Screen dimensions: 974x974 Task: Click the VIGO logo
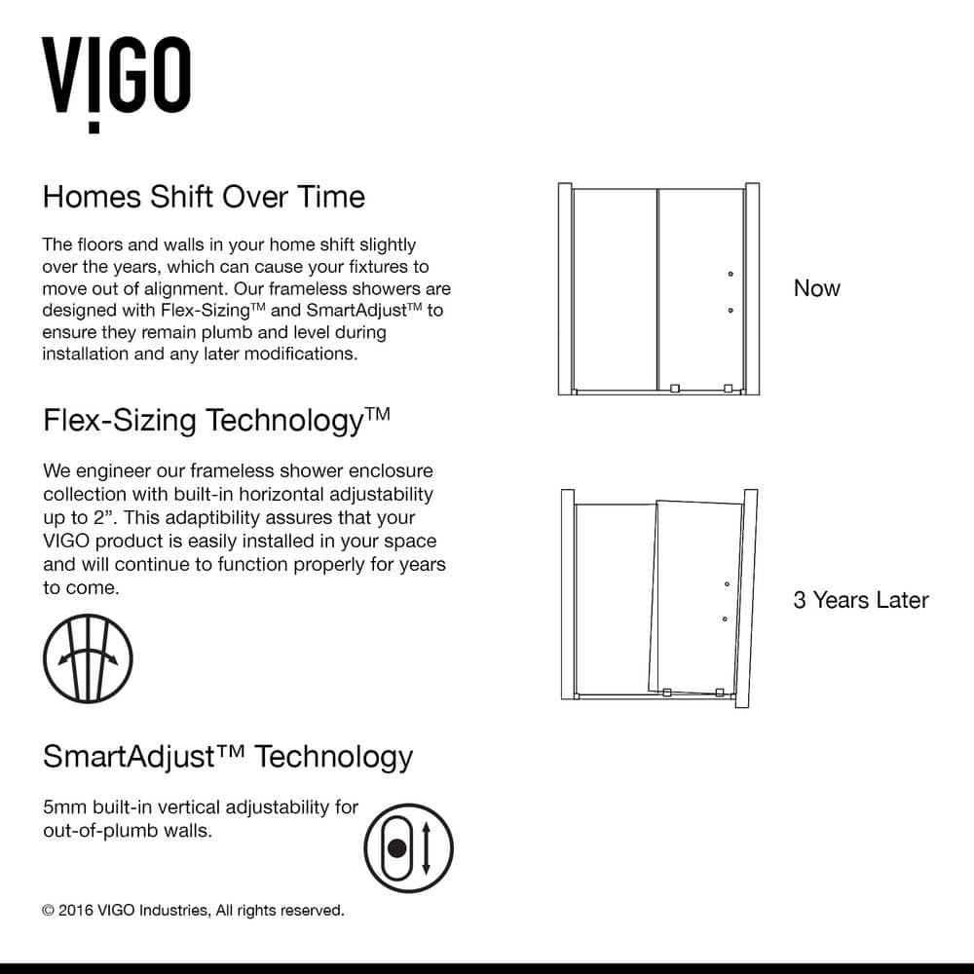click(x=115, y=82)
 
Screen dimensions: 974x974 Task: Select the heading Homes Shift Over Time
click(x=204, y=197)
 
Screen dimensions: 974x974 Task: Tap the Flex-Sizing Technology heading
click(x=216, y=421)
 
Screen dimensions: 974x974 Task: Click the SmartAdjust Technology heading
click(x=228, y=757)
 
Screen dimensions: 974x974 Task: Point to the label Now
click(x=816, y=288)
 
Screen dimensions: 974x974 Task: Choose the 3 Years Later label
click(x=860, y=600)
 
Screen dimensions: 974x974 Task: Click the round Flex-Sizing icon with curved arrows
click(x=88, y=658)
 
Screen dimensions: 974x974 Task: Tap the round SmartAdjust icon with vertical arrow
click(x=408, y=847)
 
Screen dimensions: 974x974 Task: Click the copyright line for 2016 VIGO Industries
click(x=193, y=911)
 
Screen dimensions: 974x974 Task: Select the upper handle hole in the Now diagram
click(x=730, y=276)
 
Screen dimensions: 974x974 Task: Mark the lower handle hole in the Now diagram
click(x=730, y=311)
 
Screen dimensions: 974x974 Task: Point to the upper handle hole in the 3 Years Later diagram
click(x=726, y=584)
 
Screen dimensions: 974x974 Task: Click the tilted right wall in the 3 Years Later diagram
click(x=746, y=599)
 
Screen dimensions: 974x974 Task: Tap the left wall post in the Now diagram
click(x=563, y=288)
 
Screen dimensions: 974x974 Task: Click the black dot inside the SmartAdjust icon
click(x=396, y=847)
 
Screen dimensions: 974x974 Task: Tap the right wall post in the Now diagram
click(x=752, y=288)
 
